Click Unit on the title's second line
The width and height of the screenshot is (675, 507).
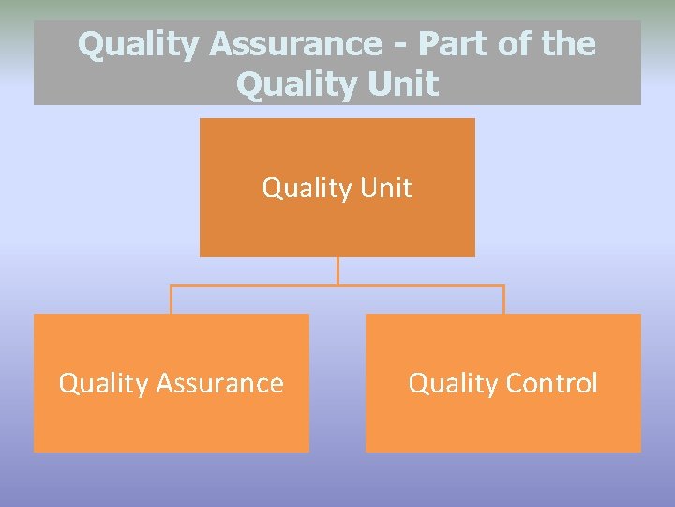tap(404, 84)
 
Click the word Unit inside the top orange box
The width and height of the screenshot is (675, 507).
tap(385, 188)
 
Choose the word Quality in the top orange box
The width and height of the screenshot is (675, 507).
tap(307, 189)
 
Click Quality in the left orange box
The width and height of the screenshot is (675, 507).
tap(103, 384)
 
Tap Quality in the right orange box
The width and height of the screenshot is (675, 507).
tap(454, 384)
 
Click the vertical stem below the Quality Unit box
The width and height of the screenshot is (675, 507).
tap(337, 270)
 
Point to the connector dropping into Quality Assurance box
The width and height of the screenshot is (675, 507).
tap(171, 300)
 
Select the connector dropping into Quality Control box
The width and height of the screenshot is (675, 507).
tap(503, 300)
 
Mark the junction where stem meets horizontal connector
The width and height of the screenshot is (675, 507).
tap(337, 285)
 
